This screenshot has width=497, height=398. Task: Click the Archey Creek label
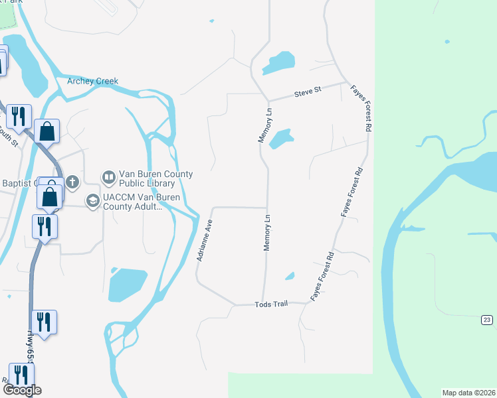(x=92, y=82)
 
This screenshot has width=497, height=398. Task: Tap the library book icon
(x=108, y=178)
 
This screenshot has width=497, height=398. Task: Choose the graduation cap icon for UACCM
(x=92, y=200)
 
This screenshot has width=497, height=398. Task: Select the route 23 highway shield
(x=487, y=320)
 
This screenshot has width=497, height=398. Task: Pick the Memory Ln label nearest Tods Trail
(x=267, y=232)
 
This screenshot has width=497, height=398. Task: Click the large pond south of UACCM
(x=127, y=285)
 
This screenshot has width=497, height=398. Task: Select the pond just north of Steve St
(x=280, y=63)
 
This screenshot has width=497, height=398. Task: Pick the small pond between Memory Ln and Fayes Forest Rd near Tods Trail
(x=290, y=275)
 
